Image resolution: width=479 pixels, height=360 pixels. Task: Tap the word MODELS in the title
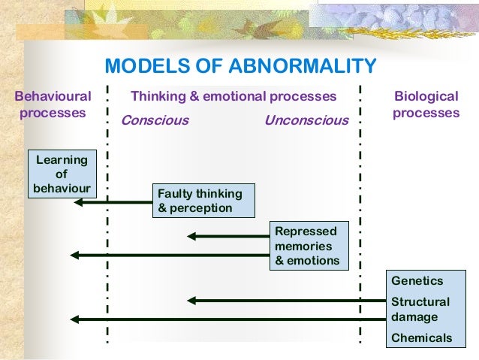pyautogui.click(x=144, y=65)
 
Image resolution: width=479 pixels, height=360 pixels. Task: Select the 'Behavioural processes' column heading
pyautogui.click(x=53, y=104)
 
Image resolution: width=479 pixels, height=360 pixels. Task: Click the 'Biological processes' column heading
pyautogui.click(x=426, y=104)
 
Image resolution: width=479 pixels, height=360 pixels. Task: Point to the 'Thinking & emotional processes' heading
pyautogui.click(x=233, y=96)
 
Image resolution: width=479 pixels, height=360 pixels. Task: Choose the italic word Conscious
pyautogui.click(x=155, y=120)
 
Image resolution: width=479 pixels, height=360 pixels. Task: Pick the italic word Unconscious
pyautogui.click(x=306, y=120)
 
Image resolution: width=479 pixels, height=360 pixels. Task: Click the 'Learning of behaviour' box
pyautogui.click(x=62, y=174)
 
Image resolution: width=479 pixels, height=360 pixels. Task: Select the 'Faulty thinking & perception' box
pyautogui.click(x=203, y=201)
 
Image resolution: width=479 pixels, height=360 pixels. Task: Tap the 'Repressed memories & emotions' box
pyautogui.click(x=306, y=246)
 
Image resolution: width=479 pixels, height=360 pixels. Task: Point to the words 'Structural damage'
pyautogui.click(x=420, y=309)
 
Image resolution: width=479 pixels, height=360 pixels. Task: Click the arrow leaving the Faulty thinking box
pyautogui.click(x=113, y=202)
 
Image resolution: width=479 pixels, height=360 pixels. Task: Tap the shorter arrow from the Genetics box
pyautogui.click(x=285, y=301)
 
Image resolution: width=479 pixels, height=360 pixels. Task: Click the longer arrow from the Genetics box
pyautogui.click(x=225, y=319)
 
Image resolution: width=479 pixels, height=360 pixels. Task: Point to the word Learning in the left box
pyautogui.click(x=62, y=159)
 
